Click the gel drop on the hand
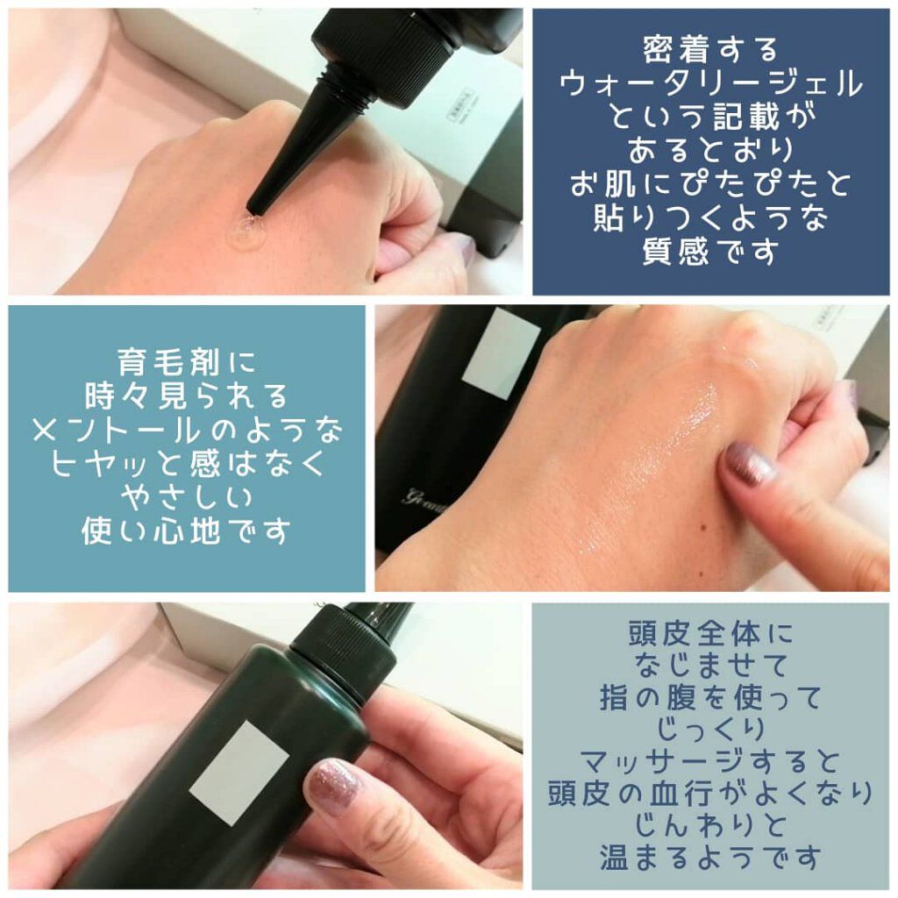pyautogui.click(x=246, y=232)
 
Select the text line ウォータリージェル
pyautogui.click(x=710, y=88)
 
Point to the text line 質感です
pyautogui.click(x=710, y=254)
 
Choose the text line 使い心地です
pyautogui.click(x=186, y=531)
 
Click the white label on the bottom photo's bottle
pyautogui.click(x=239, y=772)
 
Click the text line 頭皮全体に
pyautogui.click(x=710, y=633)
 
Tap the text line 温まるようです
pyautogui.click(x=710, y=857)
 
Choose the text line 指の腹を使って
pyautogui.click(x=710, y=698)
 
